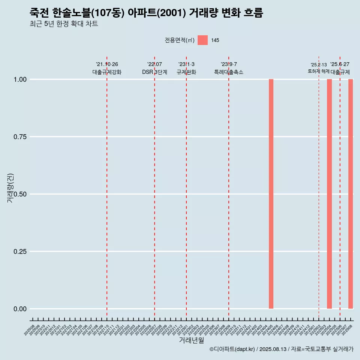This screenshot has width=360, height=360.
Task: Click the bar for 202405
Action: click(271, 194)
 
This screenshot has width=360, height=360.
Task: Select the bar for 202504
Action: click(329, 194)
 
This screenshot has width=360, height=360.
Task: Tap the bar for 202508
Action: click(351, 194)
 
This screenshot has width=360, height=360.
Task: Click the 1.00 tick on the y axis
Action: click(20, 79)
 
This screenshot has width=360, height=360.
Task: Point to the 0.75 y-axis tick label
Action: click(20, 137)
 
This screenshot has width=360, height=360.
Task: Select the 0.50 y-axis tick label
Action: click(20, 194)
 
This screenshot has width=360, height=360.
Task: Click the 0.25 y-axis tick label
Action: click(20, 252)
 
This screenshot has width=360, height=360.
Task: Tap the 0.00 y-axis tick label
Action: click(20, 309)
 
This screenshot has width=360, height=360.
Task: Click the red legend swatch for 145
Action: click(202, 40)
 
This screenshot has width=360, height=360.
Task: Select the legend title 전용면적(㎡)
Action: click(180, 40)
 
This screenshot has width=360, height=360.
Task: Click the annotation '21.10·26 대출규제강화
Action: click(107, 68)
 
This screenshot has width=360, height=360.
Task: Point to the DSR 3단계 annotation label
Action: click(154, 72)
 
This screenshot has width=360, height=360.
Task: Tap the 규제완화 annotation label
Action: click(186, 72)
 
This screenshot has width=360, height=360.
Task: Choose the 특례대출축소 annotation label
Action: click(229, 72)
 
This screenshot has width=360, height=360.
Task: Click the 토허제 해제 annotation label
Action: click(318, 71)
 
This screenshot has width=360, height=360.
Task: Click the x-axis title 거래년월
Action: click(192, 340)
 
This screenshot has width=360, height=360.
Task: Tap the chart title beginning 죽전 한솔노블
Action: click(146, 13)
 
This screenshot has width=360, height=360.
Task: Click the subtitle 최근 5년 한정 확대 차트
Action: click(64, 24)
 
